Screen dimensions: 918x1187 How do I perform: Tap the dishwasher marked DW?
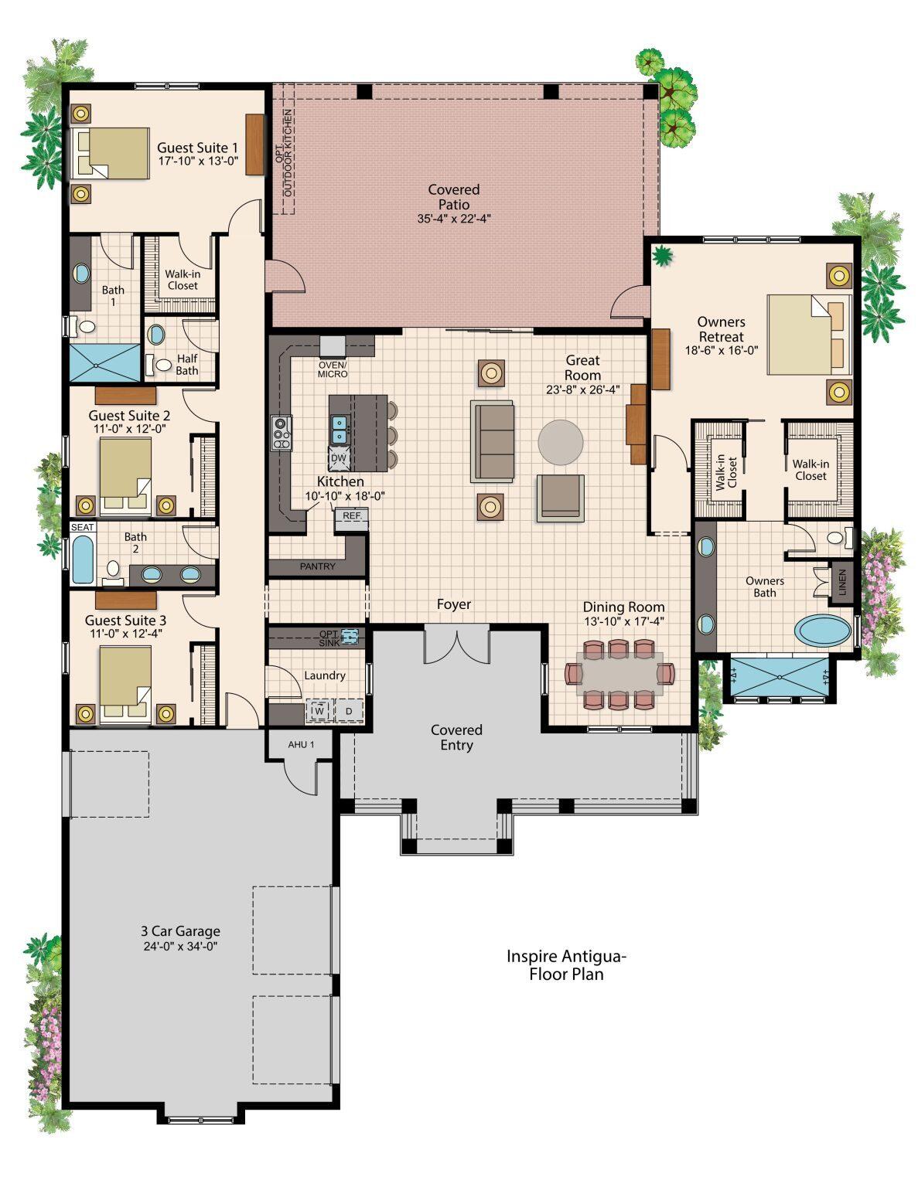pyautogui.click(x=339, y=458)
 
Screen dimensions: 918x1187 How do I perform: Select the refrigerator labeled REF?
pyautogui.click(x=352, y=519)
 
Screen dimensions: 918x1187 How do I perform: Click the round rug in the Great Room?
pyautogui.click(x=561, y=442)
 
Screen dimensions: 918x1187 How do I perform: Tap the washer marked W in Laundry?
pyautogui.click(x=319, y=711)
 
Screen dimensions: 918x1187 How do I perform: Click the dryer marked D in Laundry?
pyautogui.click(x=349, y=711)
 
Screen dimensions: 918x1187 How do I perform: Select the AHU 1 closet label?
pyautogui.click(x=301, y=744)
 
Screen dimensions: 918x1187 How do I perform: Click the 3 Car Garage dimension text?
pyautogui.click(x=181, y=947)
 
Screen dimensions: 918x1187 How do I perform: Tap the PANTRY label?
pyautogui.click(x=318, y=566)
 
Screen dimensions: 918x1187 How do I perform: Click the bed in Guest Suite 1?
pyautogui.click(x=111, y=154)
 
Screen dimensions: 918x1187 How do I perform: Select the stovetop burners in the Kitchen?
pyautogui.click(x=282, y=433)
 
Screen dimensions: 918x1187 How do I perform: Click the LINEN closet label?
pyautogui.click(x=842, y=583)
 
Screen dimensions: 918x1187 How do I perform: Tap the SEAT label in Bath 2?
pyautogui.click(x=83, y=527)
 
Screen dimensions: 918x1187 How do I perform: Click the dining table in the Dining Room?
pyautogui.click(x=619, y=674)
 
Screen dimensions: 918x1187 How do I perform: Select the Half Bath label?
pyautogui.click(x=187, y=364)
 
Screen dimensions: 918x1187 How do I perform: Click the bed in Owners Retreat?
pyautogui.click(x=809, y=335)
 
